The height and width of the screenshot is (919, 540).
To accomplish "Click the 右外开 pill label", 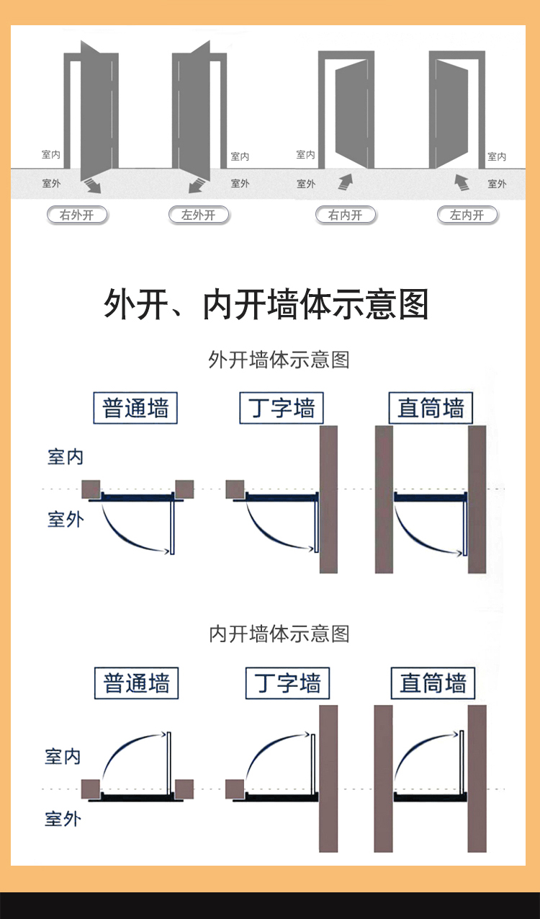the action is click(77, 215).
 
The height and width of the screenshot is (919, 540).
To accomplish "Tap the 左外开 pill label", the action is click(199, 215).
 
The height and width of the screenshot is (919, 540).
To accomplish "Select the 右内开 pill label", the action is click(346, 215).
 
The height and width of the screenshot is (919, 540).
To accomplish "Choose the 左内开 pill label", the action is click(467, 215).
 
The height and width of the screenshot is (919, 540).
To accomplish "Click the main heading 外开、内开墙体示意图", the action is click(266, 304).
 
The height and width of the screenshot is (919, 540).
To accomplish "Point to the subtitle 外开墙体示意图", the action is click(279, 360).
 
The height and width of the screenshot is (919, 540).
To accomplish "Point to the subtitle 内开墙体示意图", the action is click(279, 634).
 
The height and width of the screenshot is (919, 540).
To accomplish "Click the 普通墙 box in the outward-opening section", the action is click(135, 408).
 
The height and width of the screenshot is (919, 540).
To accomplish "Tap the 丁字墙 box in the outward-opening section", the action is click(282, 408).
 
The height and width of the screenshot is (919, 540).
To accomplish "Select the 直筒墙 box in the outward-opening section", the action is click(431, 408).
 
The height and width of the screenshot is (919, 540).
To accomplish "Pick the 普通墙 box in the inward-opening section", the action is click(136, 683).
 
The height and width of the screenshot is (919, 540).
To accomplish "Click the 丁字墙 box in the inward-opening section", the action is click(287, 683).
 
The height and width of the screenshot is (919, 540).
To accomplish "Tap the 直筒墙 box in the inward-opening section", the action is click(433, 683).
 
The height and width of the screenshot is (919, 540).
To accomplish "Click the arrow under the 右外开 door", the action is click(92, 185).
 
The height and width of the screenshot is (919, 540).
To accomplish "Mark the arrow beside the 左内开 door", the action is click(462, 182).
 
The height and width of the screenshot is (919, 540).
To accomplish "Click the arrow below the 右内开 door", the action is click(346, 182).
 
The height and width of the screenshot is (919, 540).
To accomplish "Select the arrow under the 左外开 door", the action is click(197, 185).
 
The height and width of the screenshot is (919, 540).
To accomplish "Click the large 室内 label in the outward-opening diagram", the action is click(66, 457).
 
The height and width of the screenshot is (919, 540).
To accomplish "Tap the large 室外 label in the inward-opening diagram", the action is click(63, 820).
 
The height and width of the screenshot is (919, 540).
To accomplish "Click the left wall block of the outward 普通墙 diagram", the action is click(91, 489).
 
